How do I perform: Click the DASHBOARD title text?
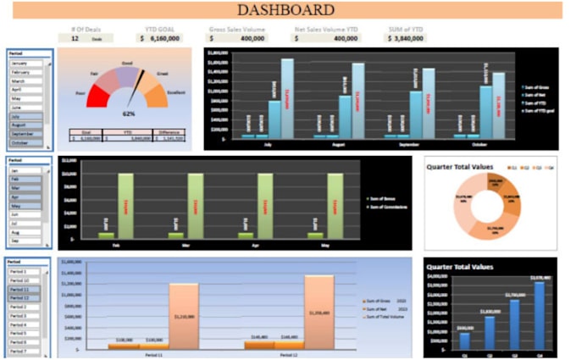pos(285,11)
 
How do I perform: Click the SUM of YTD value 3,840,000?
pos(407,38)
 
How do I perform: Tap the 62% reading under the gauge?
pos(129,114)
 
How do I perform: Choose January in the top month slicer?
pos(25,64)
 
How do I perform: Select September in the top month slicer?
pos(25,134)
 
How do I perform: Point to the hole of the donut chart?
pos(491,203)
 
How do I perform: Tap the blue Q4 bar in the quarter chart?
pos(539,313)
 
